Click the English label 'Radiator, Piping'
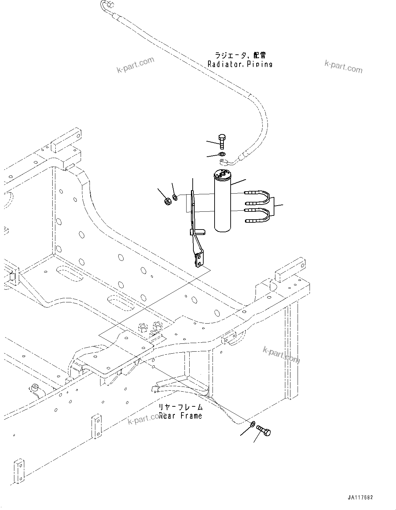240,64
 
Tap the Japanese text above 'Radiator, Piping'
240,55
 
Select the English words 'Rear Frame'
180,416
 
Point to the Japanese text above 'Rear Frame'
180,407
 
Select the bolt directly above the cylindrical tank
222,141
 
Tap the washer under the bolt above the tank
222,154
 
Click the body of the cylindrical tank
223,205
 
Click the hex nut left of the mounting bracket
167,201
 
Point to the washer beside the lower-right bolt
252,424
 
